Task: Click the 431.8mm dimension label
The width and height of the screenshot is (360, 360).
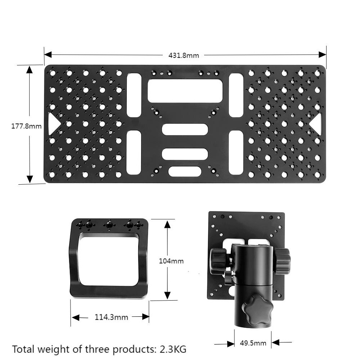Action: (184, 55)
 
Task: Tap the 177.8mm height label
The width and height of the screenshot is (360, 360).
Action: (26, 126)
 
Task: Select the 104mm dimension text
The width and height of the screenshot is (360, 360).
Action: (171, 261)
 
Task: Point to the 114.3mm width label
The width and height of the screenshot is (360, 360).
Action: (111, 317)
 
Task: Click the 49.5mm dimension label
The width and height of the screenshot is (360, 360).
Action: (253, 343)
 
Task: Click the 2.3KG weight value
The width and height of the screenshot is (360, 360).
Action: (173, 349)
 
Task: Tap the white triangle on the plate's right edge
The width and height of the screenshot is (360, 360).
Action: (316, 124)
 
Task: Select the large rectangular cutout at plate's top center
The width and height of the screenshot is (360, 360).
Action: (185, 91)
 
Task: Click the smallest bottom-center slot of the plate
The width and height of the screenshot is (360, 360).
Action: (185, 171)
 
